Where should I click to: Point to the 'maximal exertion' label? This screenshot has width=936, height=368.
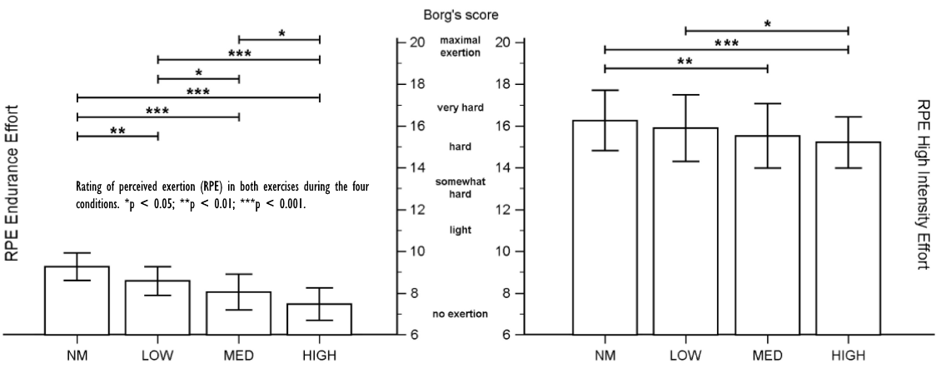coord(460,46)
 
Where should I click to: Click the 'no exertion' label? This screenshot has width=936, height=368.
coord(460,313)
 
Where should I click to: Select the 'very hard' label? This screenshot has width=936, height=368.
coord(460,108)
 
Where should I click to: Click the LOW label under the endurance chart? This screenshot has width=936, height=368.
coord(158,356)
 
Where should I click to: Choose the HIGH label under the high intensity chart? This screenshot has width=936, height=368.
coord(848,356)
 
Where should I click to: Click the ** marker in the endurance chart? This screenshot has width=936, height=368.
coord(117,131)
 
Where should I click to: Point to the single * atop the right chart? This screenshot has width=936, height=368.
coord(767,25)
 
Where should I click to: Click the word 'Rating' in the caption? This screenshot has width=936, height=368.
coord(91,186)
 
